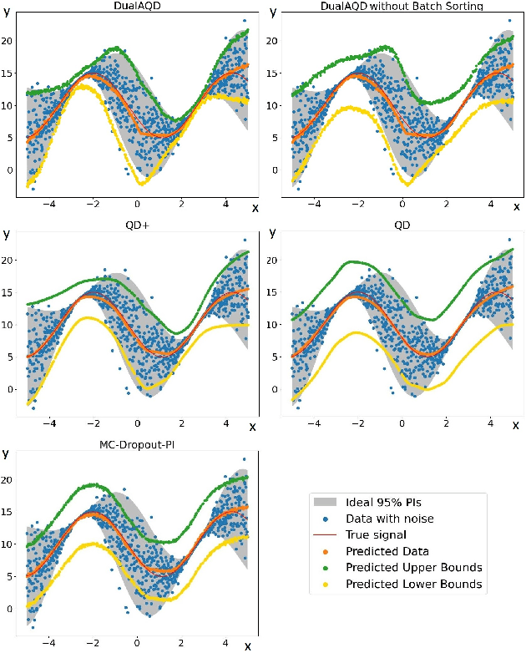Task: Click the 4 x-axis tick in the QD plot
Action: [x=488, y=423]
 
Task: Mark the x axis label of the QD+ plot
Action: [x=252, y=427]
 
